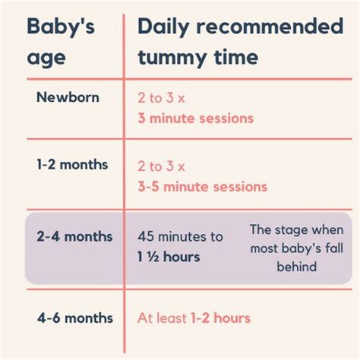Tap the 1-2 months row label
pyautogui.click(x=72, y=164)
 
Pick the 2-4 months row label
pyautogui.click(x=73, y=237)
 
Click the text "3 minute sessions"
pyautogui.click(x=195, y=118)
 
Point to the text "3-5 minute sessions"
pyautogui.click(x=202, y=186)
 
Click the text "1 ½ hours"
pyautogui.click(x=169, y=257)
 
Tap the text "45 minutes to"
pyautogui.click(x=180, y=236)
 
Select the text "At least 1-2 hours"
pyautogui.click(x=194, y=318)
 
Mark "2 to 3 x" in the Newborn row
pyautogui.click(x=162, y=98)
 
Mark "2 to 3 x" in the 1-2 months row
pyautogui.click(x=162, y=165)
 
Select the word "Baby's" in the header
pyautogui.click(x=61, y=29)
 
